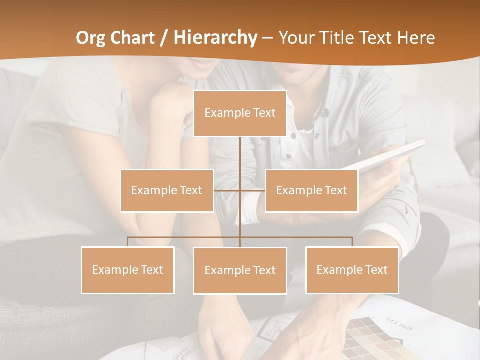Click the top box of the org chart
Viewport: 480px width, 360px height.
click(x=240, y=113)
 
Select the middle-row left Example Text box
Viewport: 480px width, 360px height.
click(x=167, y=190)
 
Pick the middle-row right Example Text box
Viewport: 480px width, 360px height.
click(x=311, y=190)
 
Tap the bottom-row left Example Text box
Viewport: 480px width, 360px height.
click(x=128, y=270)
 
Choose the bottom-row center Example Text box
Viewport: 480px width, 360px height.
click(x=240, y=270)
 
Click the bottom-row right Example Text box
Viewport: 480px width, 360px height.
click(x=352, y=270)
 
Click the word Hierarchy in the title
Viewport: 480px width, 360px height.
click(x=215, y=37)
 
